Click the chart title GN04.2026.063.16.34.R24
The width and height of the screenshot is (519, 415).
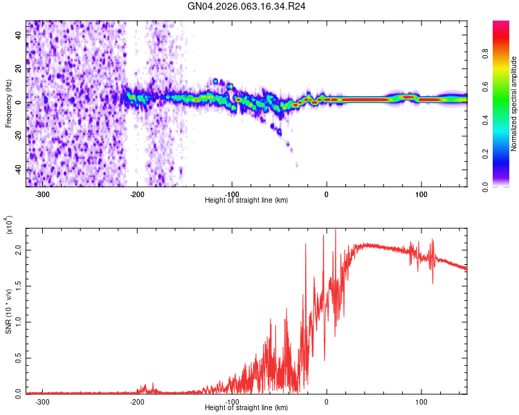pyautogui.click(x=247, y=6)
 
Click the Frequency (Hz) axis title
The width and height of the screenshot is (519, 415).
pyautogui.click(x=8, y=104)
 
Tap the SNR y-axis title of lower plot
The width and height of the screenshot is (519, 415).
pyautogui.click(x=8, y=311)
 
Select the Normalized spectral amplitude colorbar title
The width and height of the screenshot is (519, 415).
pyautogui.click(x=514, y=104)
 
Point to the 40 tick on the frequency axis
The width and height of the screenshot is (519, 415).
pyautogui.click(x=19, y=35)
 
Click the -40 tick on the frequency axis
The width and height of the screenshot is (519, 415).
pyautogui.click(x=18, y=169)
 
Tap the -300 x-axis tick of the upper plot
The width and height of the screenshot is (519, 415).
pyautogui.click(x=43, y=194)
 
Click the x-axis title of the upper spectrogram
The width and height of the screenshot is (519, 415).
pyautogui.click(x=246, y=201)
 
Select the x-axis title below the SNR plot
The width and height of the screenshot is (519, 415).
pyautogui.click(x=246, y=408)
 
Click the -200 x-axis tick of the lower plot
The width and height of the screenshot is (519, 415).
pyautogui.click(x=137, y=401)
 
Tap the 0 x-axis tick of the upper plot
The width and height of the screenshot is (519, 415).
pyautogui.click(x=327, y=194)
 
